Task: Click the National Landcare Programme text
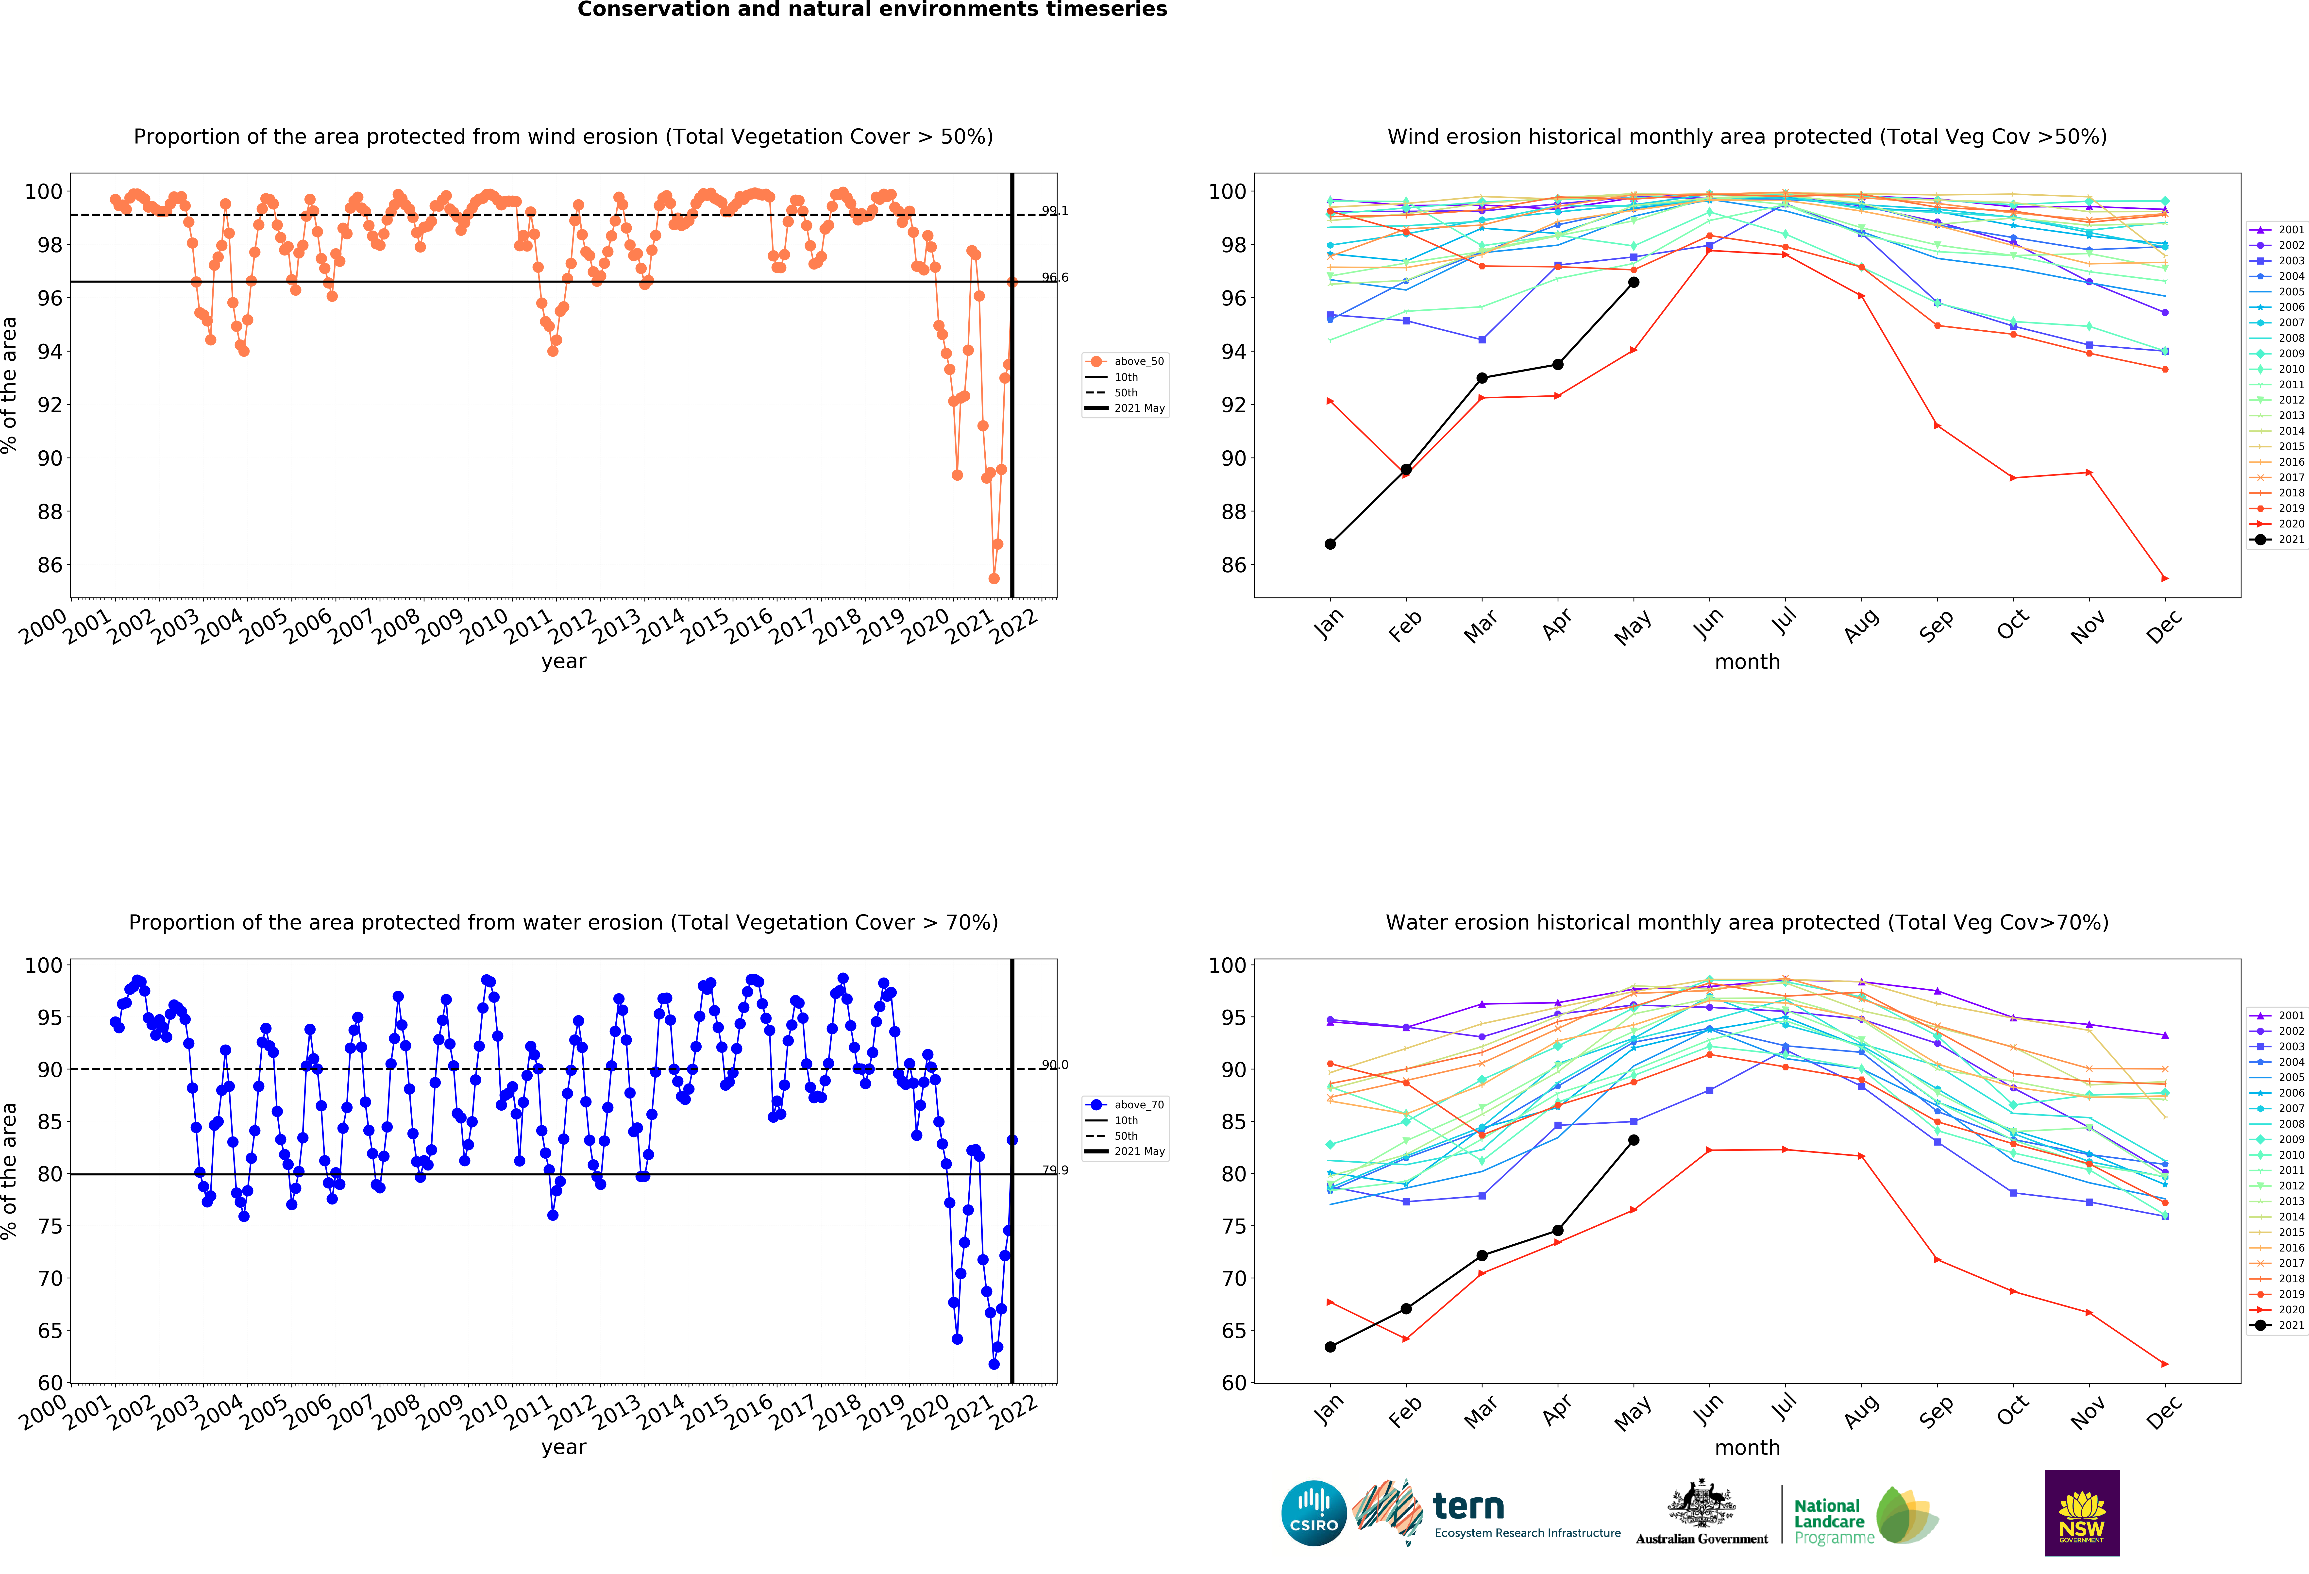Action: (x=1833, y=1521)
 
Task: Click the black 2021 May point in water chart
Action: (x=1633, y=1140)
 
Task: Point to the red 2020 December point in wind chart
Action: (x=2165, y=578)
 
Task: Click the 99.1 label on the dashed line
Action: (x=1054, y=211)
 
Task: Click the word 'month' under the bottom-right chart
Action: (x=1747, y=1447)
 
